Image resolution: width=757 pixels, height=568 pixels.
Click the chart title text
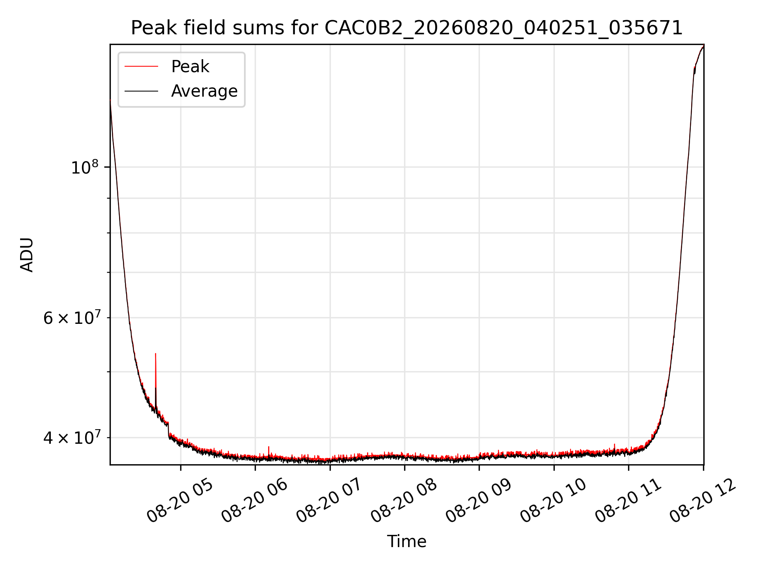click(406, 28)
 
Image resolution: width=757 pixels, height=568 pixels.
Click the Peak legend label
click(190, 67)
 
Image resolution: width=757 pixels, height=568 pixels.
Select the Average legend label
click(204, 91)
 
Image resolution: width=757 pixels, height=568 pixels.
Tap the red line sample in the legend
click(141, 67)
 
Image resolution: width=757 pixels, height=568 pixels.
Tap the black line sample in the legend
click(141, 91)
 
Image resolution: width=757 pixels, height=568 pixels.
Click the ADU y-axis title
click(27, 255)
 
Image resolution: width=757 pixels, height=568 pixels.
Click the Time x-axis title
click(406, 542)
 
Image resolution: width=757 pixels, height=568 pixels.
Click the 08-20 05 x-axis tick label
click(180, 501)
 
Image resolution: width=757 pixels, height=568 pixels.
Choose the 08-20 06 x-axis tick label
click(254, 501)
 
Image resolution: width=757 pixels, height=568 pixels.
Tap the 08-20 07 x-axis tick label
click(329, 501)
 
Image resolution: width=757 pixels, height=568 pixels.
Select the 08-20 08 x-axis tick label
click(404, 501)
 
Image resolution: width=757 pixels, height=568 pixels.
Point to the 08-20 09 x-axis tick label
click(478, 501)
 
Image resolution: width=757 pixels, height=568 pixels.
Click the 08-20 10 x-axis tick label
click(553, 501)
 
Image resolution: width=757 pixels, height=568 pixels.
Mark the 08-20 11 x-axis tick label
click(628, 501)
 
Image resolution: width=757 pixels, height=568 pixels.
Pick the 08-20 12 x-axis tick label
click(703, 501)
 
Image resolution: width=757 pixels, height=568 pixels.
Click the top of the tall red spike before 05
click(156, 353)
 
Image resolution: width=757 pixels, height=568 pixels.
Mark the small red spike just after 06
click(269, 447)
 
